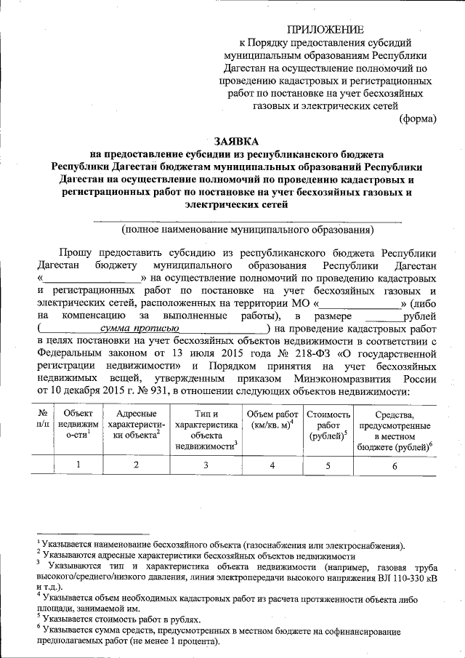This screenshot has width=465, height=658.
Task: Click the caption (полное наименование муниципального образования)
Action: (248, 230)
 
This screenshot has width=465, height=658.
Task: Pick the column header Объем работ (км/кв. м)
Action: (271, 420)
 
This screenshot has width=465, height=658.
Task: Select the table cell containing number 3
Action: (206, 465)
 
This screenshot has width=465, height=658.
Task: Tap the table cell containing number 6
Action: (395, 465)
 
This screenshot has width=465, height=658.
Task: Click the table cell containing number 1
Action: (77, 465)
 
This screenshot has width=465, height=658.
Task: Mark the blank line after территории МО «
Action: (361, 304)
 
